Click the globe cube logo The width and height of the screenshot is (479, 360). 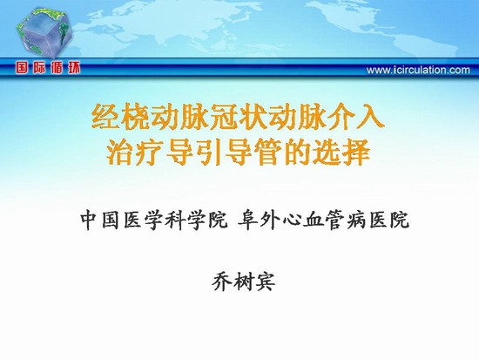[44, 33]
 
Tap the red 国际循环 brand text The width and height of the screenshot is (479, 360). [48, 68]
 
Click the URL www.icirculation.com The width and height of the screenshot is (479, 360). [418, 71]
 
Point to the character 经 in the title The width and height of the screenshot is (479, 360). [106, 118]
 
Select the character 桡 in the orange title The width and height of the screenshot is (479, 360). [136, 118]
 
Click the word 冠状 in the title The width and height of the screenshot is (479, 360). [223, 118]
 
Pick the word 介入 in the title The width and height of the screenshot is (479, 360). [354, 118]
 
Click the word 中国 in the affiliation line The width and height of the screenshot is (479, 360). [100, 220]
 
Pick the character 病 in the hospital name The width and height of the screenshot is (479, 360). [356, 220]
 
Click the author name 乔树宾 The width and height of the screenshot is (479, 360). [244, 281]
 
